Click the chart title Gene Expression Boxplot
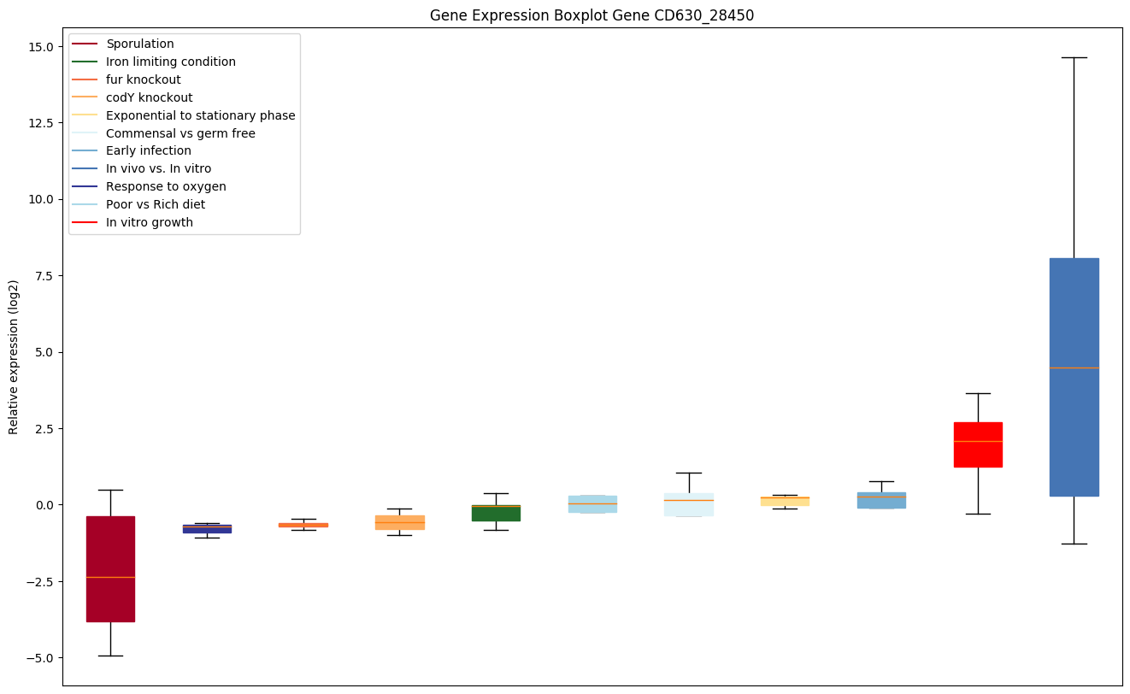tap(591, 15)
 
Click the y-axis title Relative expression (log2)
tap(14, 356)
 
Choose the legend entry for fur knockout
tap(143, 79)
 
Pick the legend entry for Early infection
tap(148, 150)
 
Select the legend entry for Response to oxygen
tap(166, 186)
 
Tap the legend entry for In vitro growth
tap(149, 222)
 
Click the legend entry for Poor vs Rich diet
tap(155, 204)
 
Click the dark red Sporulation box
tap(110, 568)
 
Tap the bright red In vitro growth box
tap(978, 444)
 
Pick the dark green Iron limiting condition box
tap(496, 513)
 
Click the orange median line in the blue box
tap(1074, 368)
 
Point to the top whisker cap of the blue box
tap(1074, 57)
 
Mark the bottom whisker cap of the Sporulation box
tap(110, 656)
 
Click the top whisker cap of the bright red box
tap(978, 393)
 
